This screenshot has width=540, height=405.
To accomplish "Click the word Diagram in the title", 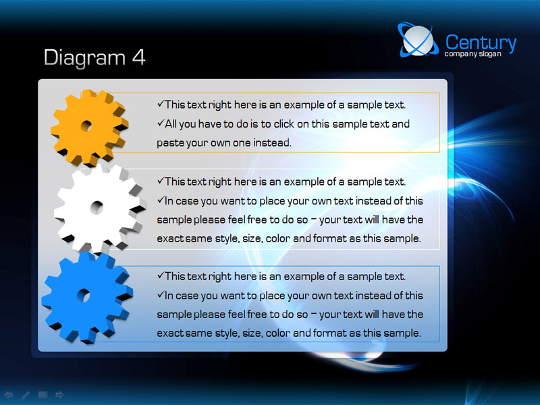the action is click(x=85, y=57).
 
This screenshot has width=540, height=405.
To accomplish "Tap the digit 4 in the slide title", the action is click(x=139, y=57).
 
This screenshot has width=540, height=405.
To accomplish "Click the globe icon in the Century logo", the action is click(x=418, y=40).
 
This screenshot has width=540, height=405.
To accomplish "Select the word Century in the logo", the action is click(x=481, y=43).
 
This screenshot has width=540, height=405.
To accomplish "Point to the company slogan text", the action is click(x=473, y=54).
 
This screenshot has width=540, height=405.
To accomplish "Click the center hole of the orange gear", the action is click(x=86, y=126).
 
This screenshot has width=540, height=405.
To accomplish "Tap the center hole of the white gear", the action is click(x=97, y=207).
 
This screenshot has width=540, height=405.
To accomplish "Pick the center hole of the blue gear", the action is click(x=83, y=295).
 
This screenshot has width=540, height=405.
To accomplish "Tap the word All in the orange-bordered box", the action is click(x=171, y=124).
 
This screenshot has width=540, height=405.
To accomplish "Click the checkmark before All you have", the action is click(x=161, y=123).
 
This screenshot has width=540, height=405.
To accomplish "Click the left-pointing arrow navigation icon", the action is click(x=9, y=395).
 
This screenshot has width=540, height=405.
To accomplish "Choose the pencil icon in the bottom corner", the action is click(x=26, y=395).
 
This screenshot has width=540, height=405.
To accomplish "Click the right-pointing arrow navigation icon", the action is click(x=59, y=395).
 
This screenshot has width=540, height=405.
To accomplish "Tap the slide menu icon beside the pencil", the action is click(x=43, y=395).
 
